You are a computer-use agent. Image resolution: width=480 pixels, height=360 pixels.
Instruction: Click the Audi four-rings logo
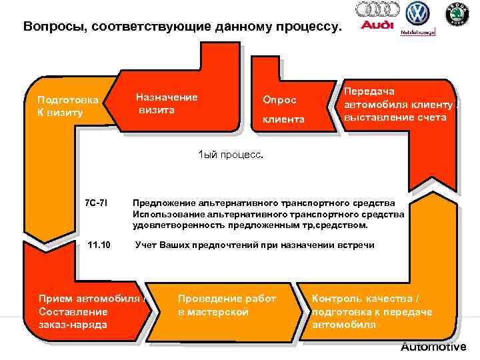[x=377, y=9]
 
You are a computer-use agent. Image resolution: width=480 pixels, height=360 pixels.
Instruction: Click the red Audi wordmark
[x=377, y=26]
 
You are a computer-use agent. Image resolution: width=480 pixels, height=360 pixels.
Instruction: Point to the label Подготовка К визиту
[x=67, y=106]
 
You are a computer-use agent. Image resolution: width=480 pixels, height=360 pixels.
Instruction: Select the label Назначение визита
[x=166, y=103]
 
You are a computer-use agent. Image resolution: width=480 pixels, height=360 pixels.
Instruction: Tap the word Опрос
[x=279, y=99]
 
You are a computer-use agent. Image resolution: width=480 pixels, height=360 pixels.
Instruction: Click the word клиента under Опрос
[x=283, y=119]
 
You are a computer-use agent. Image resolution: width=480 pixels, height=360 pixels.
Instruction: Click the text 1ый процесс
[x=231, y=154]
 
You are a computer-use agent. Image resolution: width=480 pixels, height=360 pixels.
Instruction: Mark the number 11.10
[x=99, y=245]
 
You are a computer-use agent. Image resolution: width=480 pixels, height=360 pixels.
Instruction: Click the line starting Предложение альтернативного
[x=263, y=202]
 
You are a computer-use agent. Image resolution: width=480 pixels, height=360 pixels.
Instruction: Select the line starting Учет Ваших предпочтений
[x=255, y=245]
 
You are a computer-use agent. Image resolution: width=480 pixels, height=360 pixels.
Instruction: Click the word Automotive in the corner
[x=433, y=347]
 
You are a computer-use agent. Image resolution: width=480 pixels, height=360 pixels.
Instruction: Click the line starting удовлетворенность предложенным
[x=250, y=225]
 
